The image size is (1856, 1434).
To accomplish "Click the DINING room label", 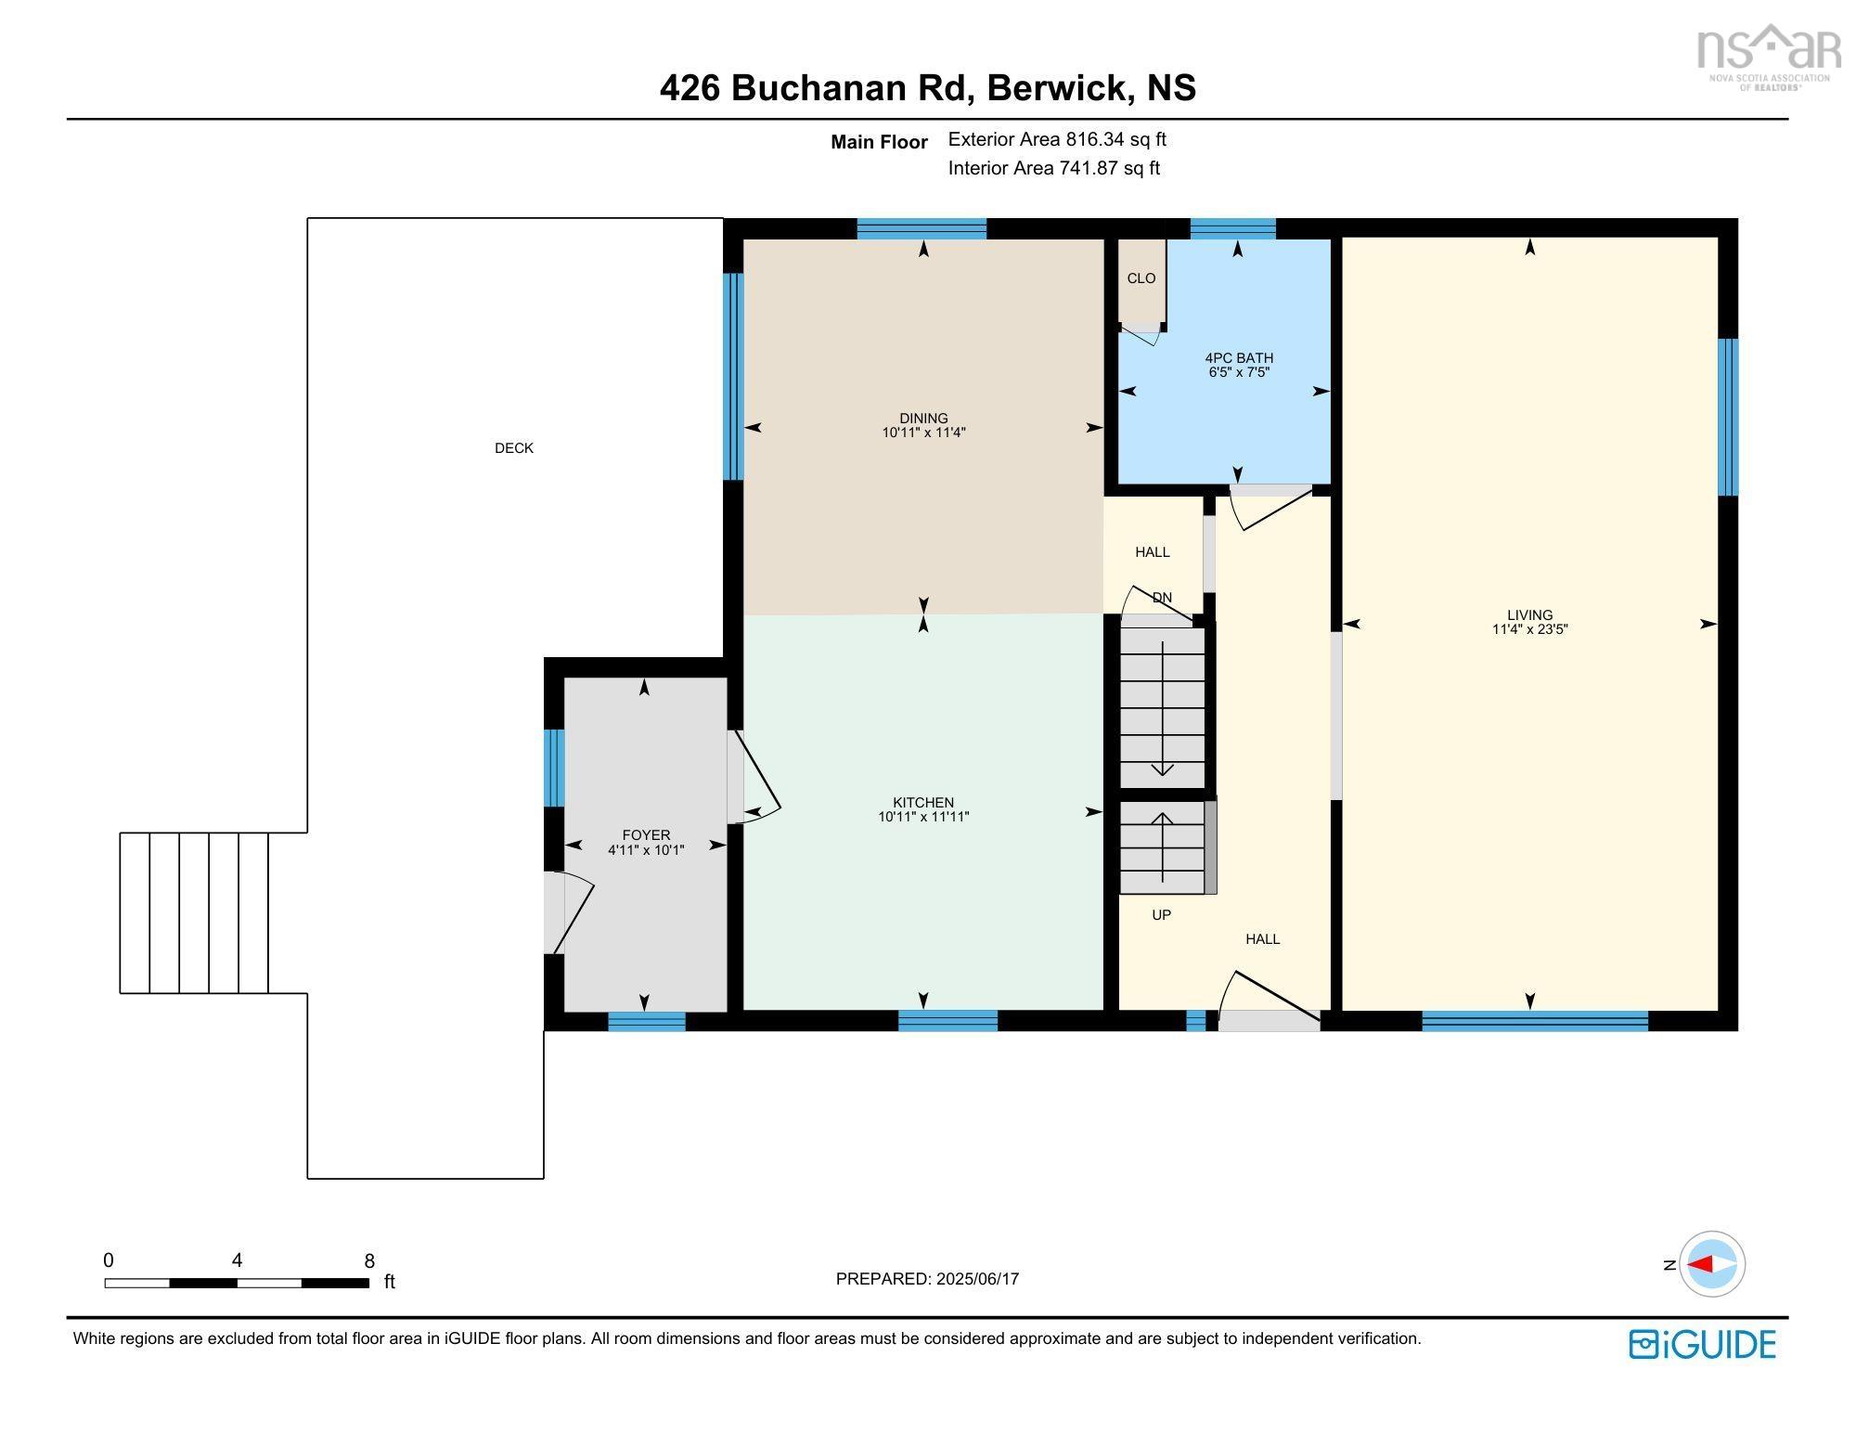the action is coord(923,418).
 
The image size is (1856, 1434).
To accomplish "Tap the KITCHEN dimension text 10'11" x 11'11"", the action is coord(923,817).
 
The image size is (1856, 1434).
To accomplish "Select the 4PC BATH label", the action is coord(1239,358).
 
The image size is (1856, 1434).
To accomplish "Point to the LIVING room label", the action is coord(1529,614).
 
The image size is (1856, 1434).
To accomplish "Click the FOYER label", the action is coord(646,835).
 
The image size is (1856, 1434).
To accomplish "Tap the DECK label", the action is coord(514,448).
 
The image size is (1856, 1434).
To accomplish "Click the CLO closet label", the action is coord(1141,278).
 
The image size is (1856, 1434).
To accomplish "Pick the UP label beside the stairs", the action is coord(1161,915).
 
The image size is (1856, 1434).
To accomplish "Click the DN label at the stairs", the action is coord(1162,598).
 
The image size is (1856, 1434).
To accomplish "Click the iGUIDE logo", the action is coord(1703,1344).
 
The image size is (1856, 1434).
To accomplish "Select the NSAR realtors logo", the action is coord(1769,56).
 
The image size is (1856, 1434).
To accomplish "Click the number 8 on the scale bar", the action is coord(369,1260).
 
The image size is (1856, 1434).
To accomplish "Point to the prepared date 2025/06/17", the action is coord(977,1278).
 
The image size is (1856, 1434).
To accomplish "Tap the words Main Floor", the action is coord(879,142).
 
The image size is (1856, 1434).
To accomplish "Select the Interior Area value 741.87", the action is coord(1089,168).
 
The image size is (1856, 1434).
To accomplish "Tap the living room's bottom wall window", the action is coord(1535,1021).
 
